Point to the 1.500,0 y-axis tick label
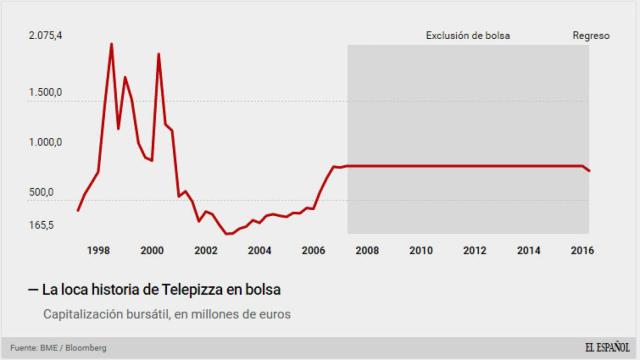tap(45, 93)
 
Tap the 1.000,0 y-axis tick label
tap(45, 142)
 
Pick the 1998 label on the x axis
tap(98, 250)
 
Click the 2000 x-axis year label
tap(152, 250)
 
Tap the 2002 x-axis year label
tap(205, 250)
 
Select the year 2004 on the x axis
tap(259, 250)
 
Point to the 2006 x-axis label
tap(313, 250)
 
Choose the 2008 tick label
tap(366, 250)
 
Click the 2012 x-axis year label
tap(474, 250)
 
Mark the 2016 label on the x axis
tap(581, 250)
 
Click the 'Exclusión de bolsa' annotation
tap(468, 35)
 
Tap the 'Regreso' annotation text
tap(590, 35)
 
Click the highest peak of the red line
tap(111, 44)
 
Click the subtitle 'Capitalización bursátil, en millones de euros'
tap(166, 314)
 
